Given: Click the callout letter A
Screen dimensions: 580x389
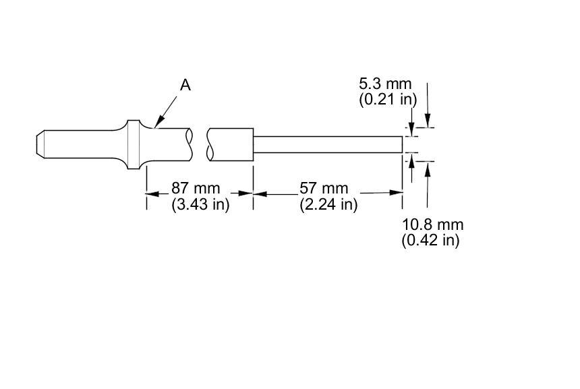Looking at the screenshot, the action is pos(185,86).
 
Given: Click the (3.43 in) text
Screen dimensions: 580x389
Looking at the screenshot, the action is pos(200,204).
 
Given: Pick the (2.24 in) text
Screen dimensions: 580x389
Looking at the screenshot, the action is pos(328,204).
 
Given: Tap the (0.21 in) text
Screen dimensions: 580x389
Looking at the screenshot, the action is pos(387,99).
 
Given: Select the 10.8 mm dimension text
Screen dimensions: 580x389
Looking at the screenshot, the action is pos(433,225).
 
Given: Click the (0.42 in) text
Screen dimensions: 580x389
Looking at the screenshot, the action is pos(431,240).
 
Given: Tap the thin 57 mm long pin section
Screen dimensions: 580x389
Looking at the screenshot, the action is pos(327,144).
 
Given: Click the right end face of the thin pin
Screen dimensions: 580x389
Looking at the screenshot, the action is pos(403,144).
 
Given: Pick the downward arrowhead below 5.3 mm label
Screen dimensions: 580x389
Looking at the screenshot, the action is pos(412,123).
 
